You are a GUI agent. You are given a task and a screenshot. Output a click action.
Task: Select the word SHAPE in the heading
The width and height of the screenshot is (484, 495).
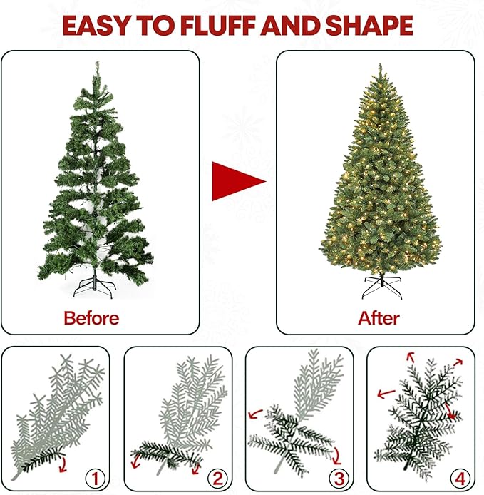(369, 26)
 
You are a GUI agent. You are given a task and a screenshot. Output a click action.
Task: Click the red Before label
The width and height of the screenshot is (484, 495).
(91, 317)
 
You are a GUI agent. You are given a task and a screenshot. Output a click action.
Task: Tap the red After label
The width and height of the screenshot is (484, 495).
(379, 317)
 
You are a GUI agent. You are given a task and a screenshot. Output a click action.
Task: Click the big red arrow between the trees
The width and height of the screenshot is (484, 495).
(237, 180)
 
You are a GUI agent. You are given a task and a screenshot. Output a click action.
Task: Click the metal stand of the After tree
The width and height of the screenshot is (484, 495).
(382, 287)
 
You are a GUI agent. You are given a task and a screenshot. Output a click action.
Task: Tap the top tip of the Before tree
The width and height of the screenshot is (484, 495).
(98, 64)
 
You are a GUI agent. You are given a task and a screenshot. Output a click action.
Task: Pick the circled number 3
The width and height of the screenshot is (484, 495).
(338, 476)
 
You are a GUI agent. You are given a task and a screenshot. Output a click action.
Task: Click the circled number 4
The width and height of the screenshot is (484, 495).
(460, 476)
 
